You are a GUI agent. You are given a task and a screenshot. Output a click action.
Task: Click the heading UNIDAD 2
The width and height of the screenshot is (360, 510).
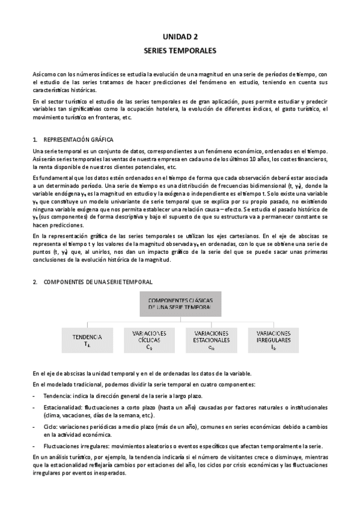[x=180, y=36]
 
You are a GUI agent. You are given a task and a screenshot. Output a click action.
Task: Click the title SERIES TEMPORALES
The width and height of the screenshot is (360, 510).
[x=180, y=52]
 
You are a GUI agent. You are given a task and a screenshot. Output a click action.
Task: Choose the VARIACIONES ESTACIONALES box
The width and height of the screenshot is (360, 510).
[x=211, y=339]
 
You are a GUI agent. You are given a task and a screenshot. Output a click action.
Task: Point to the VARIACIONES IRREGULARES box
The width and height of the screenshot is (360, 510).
[x=273, y=339]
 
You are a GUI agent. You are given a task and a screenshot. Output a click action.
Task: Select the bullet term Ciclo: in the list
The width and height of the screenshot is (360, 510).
[x=52, y=426]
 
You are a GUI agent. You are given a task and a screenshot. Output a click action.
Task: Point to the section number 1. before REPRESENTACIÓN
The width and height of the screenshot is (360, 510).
[x=35, y=139]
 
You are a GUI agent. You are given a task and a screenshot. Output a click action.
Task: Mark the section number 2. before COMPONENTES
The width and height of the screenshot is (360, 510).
[x=35, y=281]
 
